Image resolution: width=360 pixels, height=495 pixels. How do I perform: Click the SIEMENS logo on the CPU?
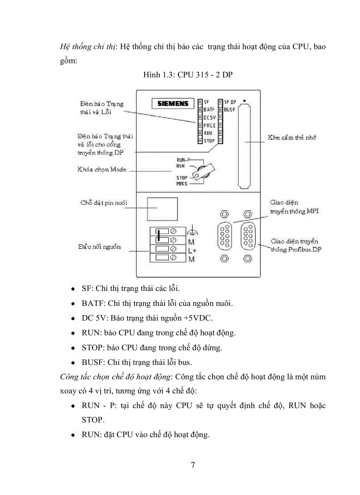coord(173,104)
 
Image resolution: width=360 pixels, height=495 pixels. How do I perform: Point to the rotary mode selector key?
coord(204,171)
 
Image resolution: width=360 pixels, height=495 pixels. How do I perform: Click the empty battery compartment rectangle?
coord(162,209)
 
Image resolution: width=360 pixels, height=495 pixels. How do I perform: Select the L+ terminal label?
coord(192,251)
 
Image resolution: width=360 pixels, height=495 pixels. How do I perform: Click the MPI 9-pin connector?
coord(225,237)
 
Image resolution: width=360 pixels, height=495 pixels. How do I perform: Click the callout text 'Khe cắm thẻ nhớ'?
coord(292,138)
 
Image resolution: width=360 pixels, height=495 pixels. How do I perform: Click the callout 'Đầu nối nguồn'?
coord(100,247)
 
